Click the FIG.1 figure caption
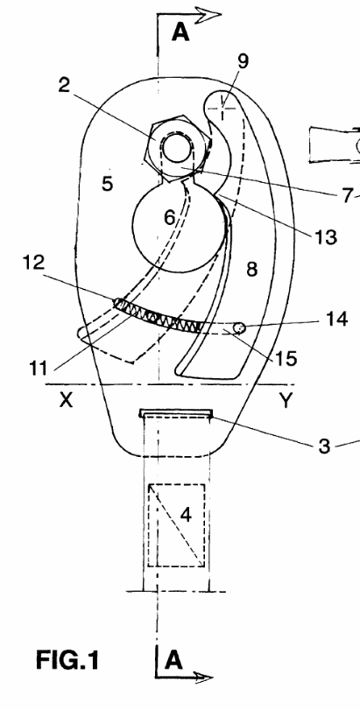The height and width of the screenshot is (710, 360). tap(67, 660)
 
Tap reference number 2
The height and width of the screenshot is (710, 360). tap(64, 85)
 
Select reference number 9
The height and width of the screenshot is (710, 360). tap(244, 61)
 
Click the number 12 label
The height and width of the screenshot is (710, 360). tap(33, 263)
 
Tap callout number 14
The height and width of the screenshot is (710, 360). tap(335, 319)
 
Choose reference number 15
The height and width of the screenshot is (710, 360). tap(286, 358)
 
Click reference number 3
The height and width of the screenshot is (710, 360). tap(324, 446)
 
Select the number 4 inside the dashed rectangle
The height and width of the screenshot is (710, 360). tap(186, 515)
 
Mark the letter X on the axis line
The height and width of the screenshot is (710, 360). tap(66, 400)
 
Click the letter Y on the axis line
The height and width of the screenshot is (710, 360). tap(286, 400)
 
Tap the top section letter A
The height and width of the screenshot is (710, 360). tap(180, 32)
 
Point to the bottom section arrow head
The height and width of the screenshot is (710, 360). tap(202, 678)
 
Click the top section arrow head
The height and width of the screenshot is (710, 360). tap(209, 14)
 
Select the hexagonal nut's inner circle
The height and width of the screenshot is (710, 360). tap(177, 148)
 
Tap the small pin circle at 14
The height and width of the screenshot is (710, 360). tap(239, 327)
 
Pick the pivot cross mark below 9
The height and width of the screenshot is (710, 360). tap(222, 108)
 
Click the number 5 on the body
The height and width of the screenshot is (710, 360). tap(108, 183)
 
